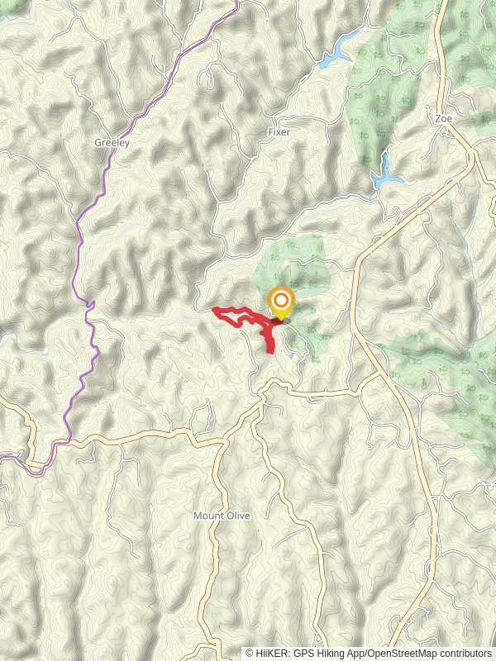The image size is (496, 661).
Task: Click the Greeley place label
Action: click(112, 142)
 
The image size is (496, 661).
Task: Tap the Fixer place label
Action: click(279, 132)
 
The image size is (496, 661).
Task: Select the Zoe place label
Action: click(444, 118)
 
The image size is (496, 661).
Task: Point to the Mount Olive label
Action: click(222, 516)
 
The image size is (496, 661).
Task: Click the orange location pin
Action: click(281, 301)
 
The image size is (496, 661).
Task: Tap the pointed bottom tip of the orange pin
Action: click(281, 320)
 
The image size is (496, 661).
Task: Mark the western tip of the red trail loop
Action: click(215, 310)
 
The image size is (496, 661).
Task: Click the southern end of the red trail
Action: click(271, 351)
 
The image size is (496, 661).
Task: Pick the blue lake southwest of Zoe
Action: click(385, 173)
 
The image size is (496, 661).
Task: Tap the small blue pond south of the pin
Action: click(292, 357)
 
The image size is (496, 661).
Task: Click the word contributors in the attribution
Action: click(466, 654)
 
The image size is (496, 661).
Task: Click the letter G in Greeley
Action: click(98, 142)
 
